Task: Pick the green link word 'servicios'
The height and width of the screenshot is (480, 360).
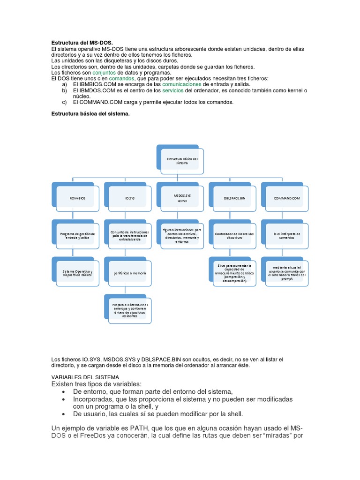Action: tap(173, 90)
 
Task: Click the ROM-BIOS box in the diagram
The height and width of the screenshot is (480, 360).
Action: tap(77, 198)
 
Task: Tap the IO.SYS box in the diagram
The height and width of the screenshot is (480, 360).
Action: tap(130, 198)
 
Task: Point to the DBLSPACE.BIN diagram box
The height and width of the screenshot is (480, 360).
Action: tap(234, 198)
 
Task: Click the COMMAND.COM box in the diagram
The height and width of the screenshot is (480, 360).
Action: tap(287, 198)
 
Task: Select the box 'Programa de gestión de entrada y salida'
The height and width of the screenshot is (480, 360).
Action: tap(77, 235)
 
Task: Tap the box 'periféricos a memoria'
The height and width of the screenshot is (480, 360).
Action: tap(130, 272)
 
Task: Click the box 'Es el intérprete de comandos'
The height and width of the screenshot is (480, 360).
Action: tap(287, 235)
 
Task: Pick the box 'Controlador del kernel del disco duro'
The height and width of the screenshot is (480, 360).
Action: tap(234, 235)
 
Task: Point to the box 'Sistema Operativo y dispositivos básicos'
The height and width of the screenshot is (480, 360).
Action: tap(77, 272)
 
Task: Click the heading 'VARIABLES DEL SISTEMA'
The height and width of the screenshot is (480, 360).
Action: tap(85, 377)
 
